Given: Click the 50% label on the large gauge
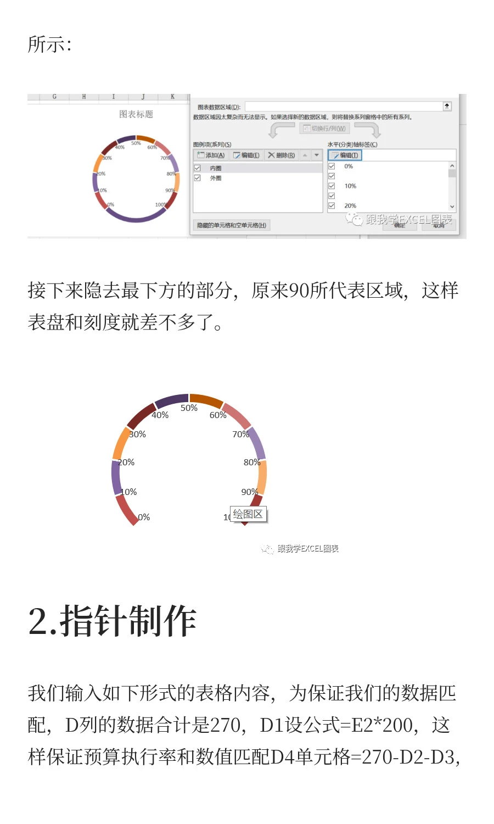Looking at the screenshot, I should click(x=189, y=408).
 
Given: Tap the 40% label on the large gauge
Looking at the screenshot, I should click(x=160, y=415).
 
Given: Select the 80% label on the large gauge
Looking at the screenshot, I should click(x=252, y=463).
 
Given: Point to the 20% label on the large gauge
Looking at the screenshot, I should click(x=126, y=463).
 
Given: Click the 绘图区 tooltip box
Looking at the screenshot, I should click(x=249, y=514).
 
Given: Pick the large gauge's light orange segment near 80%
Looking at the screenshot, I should click(x=262, y=477).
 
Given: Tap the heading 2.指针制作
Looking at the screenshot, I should click(x=112, y=621).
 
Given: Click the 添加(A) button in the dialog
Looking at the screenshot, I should click(x=211, y=155).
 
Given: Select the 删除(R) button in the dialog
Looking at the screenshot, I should click(x=282, y=155).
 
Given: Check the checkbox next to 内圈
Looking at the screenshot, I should click(x=198, y=168).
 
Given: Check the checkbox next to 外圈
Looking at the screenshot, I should click(x=198, y=178).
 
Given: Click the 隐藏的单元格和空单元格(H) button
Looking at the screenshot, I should click(x=231, y=225).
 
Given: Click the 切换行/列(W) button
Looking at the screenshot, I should click(x=324, y=129).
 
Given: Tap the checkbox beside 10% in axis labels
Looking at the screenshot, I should click(x=332, y=186).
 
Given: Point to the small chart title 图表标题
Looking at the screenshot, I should click(x=136, y=114).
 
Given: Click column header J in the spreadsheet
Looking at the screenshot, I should click(x=143, y=97).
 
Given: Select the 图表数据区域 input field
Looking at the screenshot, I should click(x=344, y=107).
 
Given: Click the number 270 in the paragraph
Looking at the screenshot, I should click(x=225, y=725).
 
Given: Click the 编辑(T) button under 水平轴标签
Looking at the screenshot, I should click(x=345, y=155).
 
